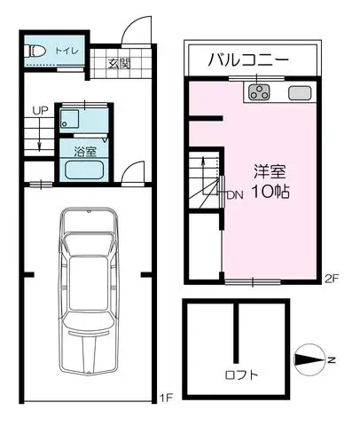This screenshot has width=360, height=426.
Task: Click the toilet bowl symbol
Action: pyautogui.click(x=35, y=51)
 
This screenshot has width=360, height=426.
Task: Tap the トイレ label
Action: pyautogui.click(x=67, y=51)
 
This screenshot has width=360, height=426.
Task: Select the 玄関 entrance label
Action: pyautogui.click(x=119, y=64)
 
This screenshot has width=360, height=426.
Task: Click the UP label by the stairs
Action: pyautogui.click(x=40, y=111)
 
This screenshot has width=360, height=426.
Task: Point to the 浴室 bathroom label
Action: pyautogui.click(x=85, y=152)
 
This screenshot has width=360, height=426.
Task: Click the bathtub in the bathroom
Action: pyautogui.click(x=84, y=170)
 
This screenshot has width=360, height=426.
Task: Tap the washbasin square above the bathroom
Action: pyautogui.click(x=69, y=119)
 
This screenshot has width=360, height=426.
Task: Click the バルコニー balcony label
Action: pyautogui.click(x=248, y=59)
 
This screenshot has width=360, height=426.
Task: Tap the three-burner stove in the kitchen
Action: pyautogui.click(x=259, y=91)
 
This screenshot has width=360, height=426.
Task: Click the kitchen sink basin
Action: pyautogui.click(x=300, y=92)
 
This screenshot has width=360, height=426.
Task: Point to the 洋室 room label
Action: pyautogui.click(x=270, y=171)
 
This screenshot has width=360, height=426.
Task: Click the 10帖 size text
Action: pyautogui.click(x=270, y=192)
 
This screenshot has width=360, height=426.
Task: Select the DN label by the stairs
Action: pyautogui.click(x=235, y=195)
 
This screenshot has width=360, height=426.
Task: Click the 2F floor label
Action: pyautogui.click(x=332, y=279)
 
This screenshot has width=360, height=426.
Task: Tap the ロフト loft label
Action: pyautogui.click(x=241, y=375)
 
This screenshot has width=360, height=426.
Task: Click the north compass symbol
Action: pyautogui.click(x=309, y=359)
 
